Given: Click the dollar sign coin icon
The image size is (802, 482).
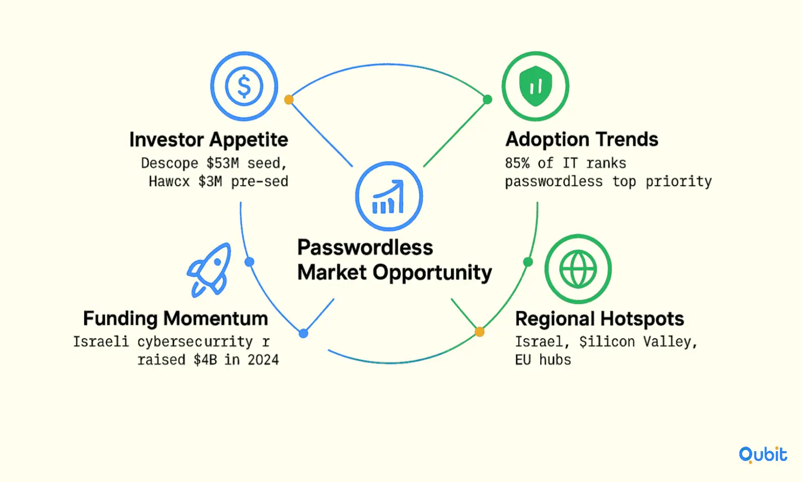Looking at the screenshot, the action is tap(244, 86).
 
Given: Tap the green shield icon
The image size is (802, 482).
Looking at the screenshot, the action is tap(535, 86).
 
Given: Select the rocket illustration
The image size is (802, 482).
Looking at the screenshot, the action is tap(209, 270).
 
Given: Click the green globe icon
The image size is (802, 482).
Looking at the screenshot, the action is tap(578, 269).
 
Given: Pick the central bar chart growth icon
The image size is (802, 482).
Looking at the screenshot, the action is tap(389, 196).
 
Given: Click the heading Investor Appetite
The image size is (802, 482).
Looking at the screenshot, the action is tap(209, 139).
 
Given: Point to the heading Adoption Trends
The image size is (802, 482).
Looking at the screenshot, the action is tap(581, 139).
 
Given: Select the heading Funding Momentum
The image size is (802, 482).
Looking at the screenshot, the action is tap(175, 318).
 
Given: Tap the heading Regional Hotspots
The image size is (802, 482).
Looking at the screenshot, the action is tap(599, 319).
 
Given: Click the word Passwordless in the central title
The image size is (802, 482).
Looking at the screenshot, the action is tap(365, 247).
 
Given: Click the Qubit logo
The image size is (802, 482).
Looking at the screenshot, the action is tap(763, 455).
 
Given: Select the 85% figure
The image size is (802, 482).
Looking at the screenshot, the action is tap(517, 163).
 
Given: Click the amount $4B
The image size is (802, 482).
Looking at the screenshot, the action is tap(205, 360).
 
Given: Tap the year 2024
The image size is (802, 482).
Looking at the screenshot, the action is tap(263, 360).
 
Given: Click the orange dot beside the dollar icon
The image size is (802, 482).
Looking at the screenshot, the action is tap(288, 99).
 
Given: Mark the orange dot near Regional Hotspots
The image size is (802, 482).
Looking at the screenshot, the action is tap(480, 332).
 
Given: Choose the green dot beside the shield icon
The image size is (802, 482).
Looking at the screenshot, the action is tap(487, 99).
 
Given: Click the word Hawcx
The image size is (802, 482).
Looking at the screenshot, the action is tap(169, 181).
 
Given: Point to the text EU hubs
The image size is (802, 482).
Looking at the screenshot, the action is tap(543, 360).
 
